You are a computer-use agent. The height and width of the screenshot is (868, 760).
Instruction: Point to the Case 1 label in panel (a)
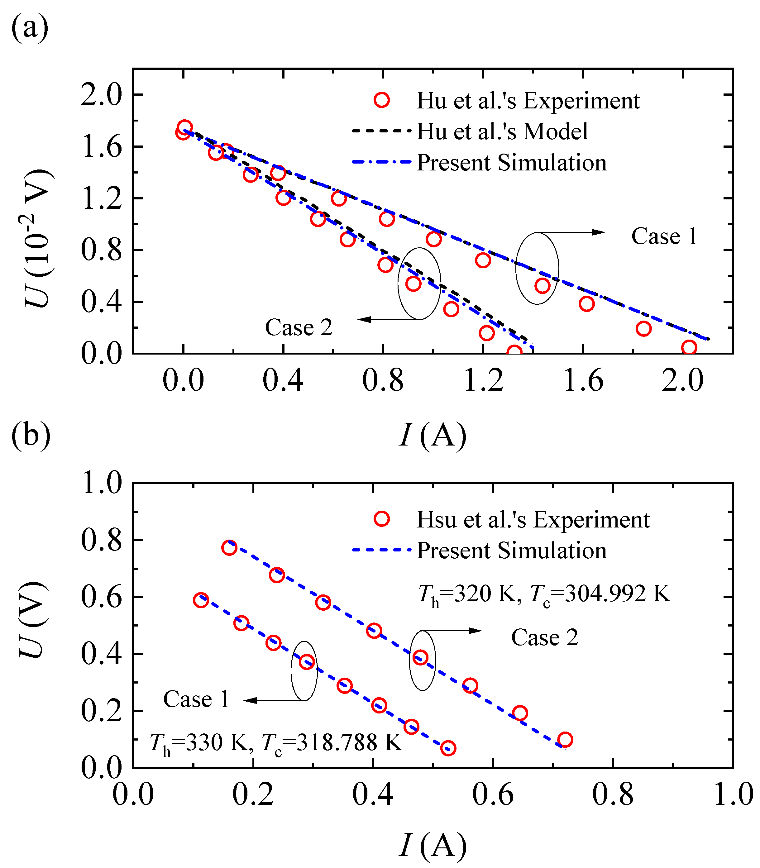[x=664, y=236]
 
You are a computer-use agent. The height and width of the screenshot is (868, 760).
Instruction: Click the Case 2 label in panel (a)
[x=299, y=328]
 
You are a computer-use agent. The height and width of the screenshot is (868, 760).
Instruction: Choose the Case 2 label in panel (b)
[x=545, y=637]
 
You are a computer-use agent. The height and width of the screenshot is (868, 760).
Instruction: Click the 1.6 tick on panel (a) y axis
[x=101, y=147]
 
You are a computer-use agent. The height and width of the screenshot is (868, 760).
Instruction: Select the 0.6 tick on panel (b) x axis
[x=493, y=795]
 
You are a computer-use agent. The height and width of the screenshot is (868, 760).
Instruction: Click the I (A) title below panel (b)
[x=433, y=845]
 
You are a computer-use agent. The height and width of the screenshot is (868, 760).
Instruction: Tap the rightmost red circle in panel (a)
[x=689, y=348]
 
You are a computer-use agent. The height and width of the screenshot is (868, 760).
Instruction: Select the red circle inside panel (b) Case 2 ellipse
[x=420, y=658]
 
